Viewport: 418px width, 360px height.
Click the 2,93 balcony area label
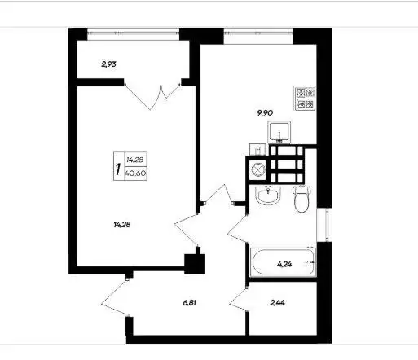(x=108, y=64)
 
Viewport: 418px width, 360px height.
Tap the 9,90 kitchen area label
(x=265, y=112)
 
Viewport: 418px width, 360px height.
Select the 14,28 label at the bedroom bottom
(x=122, y=225)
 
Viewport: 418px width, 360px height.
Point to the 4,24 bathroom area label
(x=284, y=264)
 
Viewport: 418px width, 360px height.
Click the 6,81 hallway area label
(x=190, y=303)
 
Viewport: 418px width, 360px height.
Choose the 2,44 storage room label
(x=277, y=303)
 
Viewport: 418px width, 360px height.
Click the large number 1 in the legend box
(x=118, y=169)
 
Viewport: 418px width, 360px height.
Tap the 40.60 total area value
(x=136, y=173)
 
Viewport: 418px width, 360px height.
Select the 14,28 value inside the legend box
(x=135, y=160)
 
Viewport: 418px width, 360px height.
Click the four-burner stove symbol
(x=306, y=99)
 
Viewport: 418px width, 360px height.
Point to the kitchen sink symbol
(x=279, y=132)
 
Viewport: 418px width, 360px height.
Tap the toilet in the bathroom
(x=301, y=199)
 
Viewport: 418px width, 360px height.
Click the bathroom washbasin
(x=268, y=195)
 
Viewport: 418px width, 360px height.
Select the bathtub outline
(x=284, y=262)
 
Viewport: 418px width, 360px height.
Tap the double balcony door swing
(x=152, y=95)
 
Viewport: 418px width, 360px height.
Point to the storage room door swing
(x=238, y=301)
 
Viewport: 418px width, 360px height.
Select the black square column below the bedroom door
(x=194, y=264)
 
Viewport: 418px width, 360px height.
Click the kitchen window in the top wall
(x=258, y=34)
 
